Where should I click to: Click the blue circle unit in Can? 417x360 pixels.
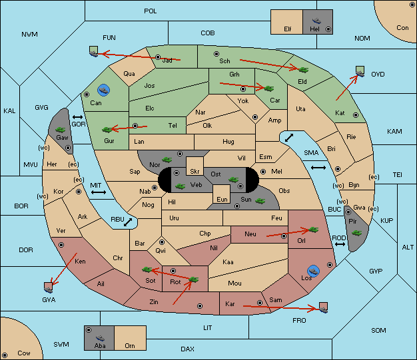coord(103,90)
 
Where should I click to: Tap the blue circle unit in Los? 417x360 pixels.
coord(314,271)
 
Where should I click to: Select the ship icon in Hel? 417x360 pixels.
coord(316,21)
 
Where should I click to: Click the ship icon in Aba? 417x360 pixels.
coord(101,337)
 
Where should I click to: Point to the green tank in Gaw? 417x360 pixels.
coord(61,129)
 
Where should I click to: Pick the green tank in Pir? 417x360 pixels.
coord(356,233)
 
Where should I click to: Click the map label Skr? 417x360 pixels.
coord(195,172)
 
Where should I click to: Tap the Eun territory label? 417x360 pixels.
coord(222,199)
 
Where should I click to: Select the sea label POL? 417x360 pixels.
coord(151,11)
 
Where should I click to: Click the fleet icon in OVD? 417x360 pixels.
coord(360,71)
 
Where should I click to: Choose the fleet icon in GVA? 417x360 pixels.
coord(49,287)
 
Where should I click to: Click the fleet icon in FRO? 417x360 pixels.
coord(323,307)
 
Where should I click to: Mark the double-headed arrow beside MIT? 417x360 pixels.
coord(99,192)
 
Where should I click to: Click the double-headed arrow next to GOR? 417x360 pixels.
coord(78,117)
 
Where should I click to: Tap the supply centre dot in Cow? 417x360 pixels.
coord(5,355)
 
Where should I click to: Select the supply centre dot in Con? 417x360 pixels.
coord(412,5)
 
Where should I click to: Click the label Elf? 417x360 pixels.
coord(288,29)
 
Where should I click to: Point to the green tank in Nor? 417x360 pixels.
coord(167,160)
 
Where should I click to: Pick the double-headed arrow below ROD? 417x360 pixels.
coord(340,244)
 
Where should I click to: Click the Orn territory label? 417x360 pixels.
coord(130,345)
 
